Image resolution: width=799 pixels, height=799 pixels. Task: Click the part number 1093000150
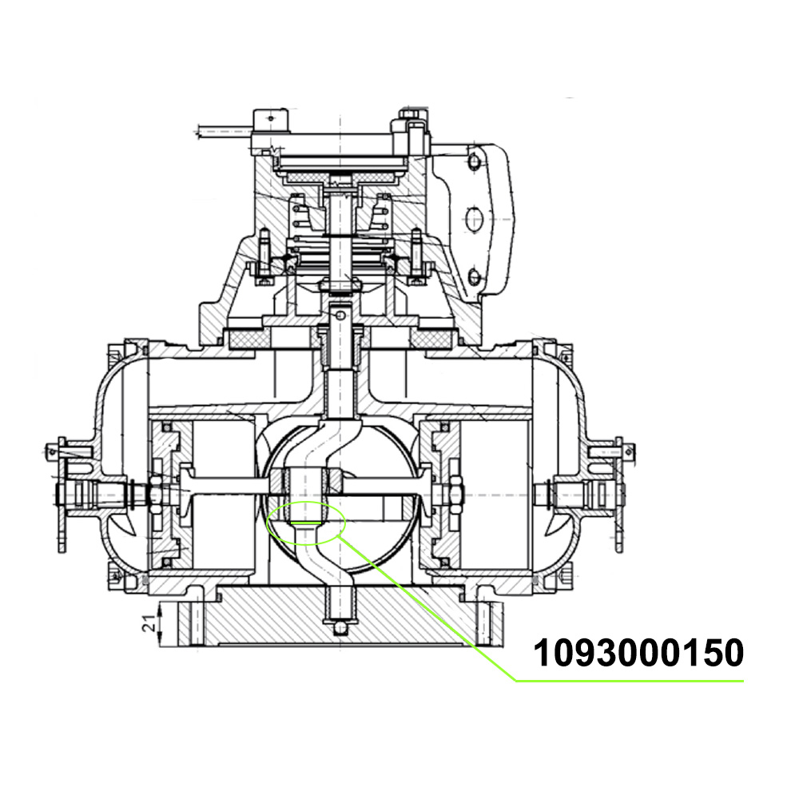click(x=638, y=654)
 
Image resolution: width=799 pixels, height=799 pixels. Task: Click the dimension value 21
click(x=149, y=623)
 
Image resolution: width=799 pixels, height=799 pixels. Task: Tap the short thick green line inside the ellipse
click(x=305, y=523)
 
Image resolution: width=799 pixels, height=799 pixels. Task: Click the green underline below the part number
click(x=630, y=680)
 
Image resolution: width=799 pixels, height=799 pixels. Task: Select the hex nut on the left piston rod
click(x=156, y=495)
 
